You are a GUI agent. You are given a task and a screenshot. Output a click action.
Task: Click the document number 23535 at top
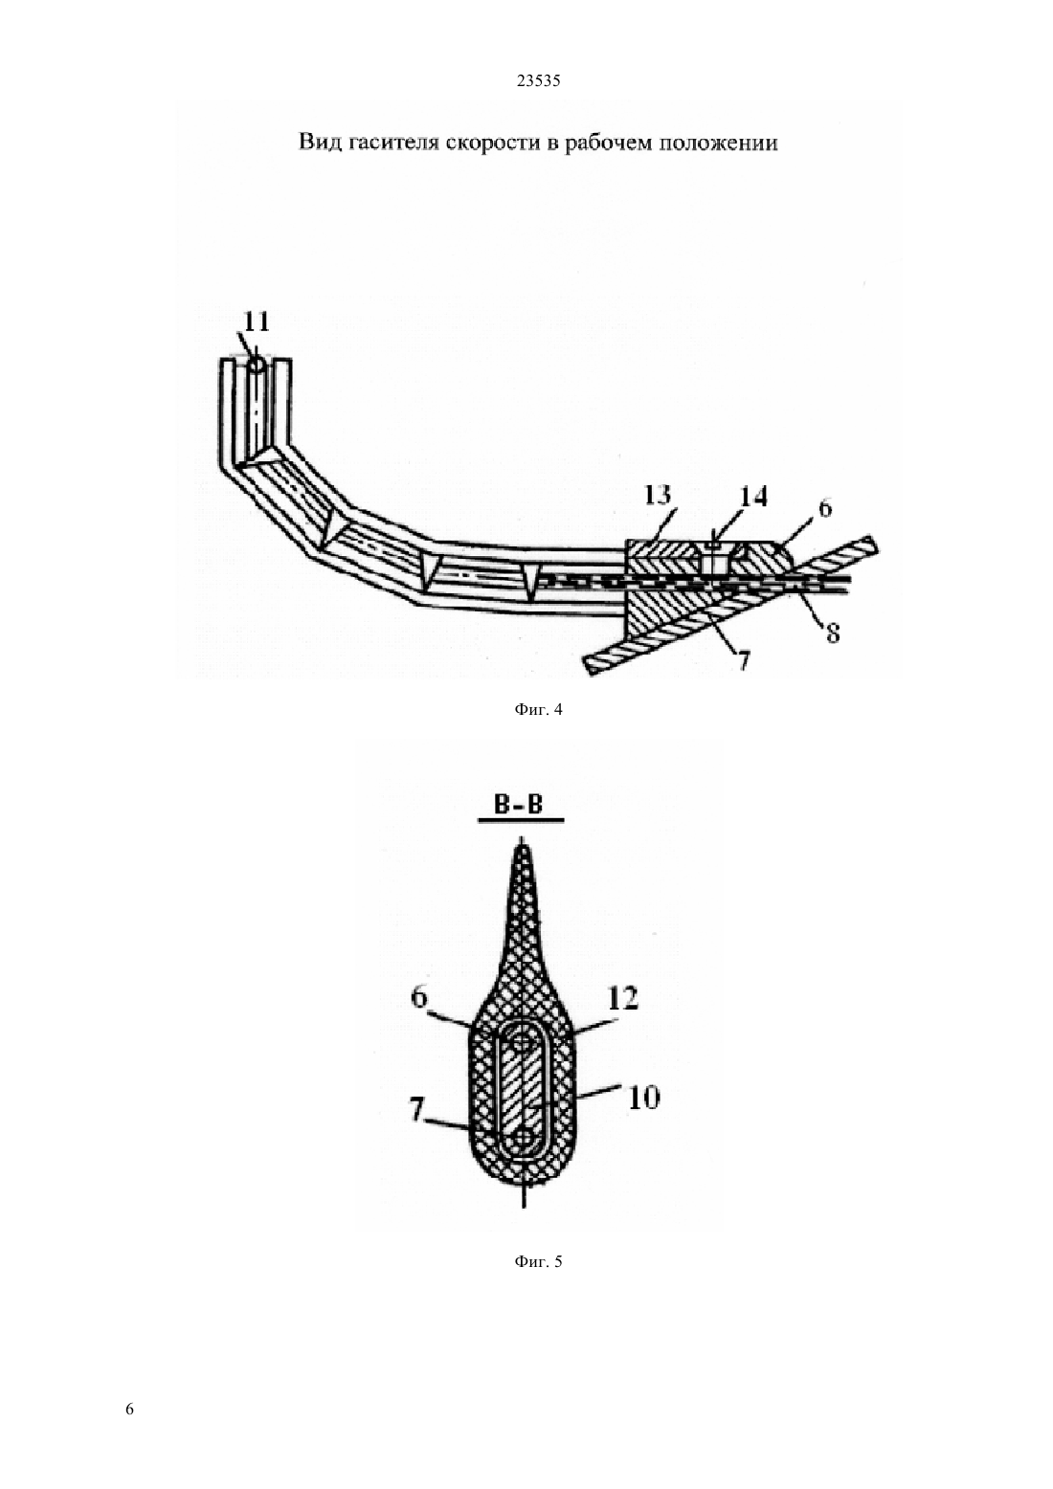(538, 81)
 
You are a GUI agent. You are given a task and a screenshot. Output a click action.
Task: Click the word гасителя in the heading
(392, 143)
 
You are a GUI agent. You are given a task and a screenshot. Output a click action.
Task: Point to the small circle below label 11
(256, 366)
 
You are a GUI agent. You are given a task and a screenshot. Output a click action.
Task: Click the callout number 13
(658, 495)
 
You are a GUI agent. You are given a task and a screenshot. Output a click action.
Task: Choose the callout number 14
(754, 496)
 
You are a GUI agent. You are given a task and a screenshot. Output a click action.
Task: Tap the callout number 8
(832, 633)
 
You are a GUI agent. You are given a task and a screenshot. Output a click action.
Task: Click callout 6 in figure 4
(825, 508)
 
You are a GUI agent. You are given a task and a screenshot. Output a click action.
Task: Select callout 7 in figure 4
(743, 659)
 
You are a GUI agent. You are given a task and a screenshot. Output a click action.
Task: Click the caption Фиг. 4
(538, 710)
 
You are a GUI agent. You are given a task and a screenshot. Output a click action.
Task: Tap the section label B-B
(519, 805)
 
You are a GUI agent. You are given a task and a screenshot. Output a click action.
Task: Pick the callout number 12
(623, 999)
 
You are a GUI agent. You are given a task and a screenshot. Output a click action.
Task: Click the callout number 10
(643, 1099)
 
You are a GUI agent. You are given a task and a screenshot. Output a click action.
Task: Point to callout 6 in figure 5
(419, 997)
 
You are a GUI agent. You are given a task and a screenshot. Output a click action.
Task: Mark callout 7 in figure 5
(416, 1108)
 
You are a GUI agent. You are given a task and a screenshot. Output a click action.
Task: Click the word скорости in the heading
(493, 144)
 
